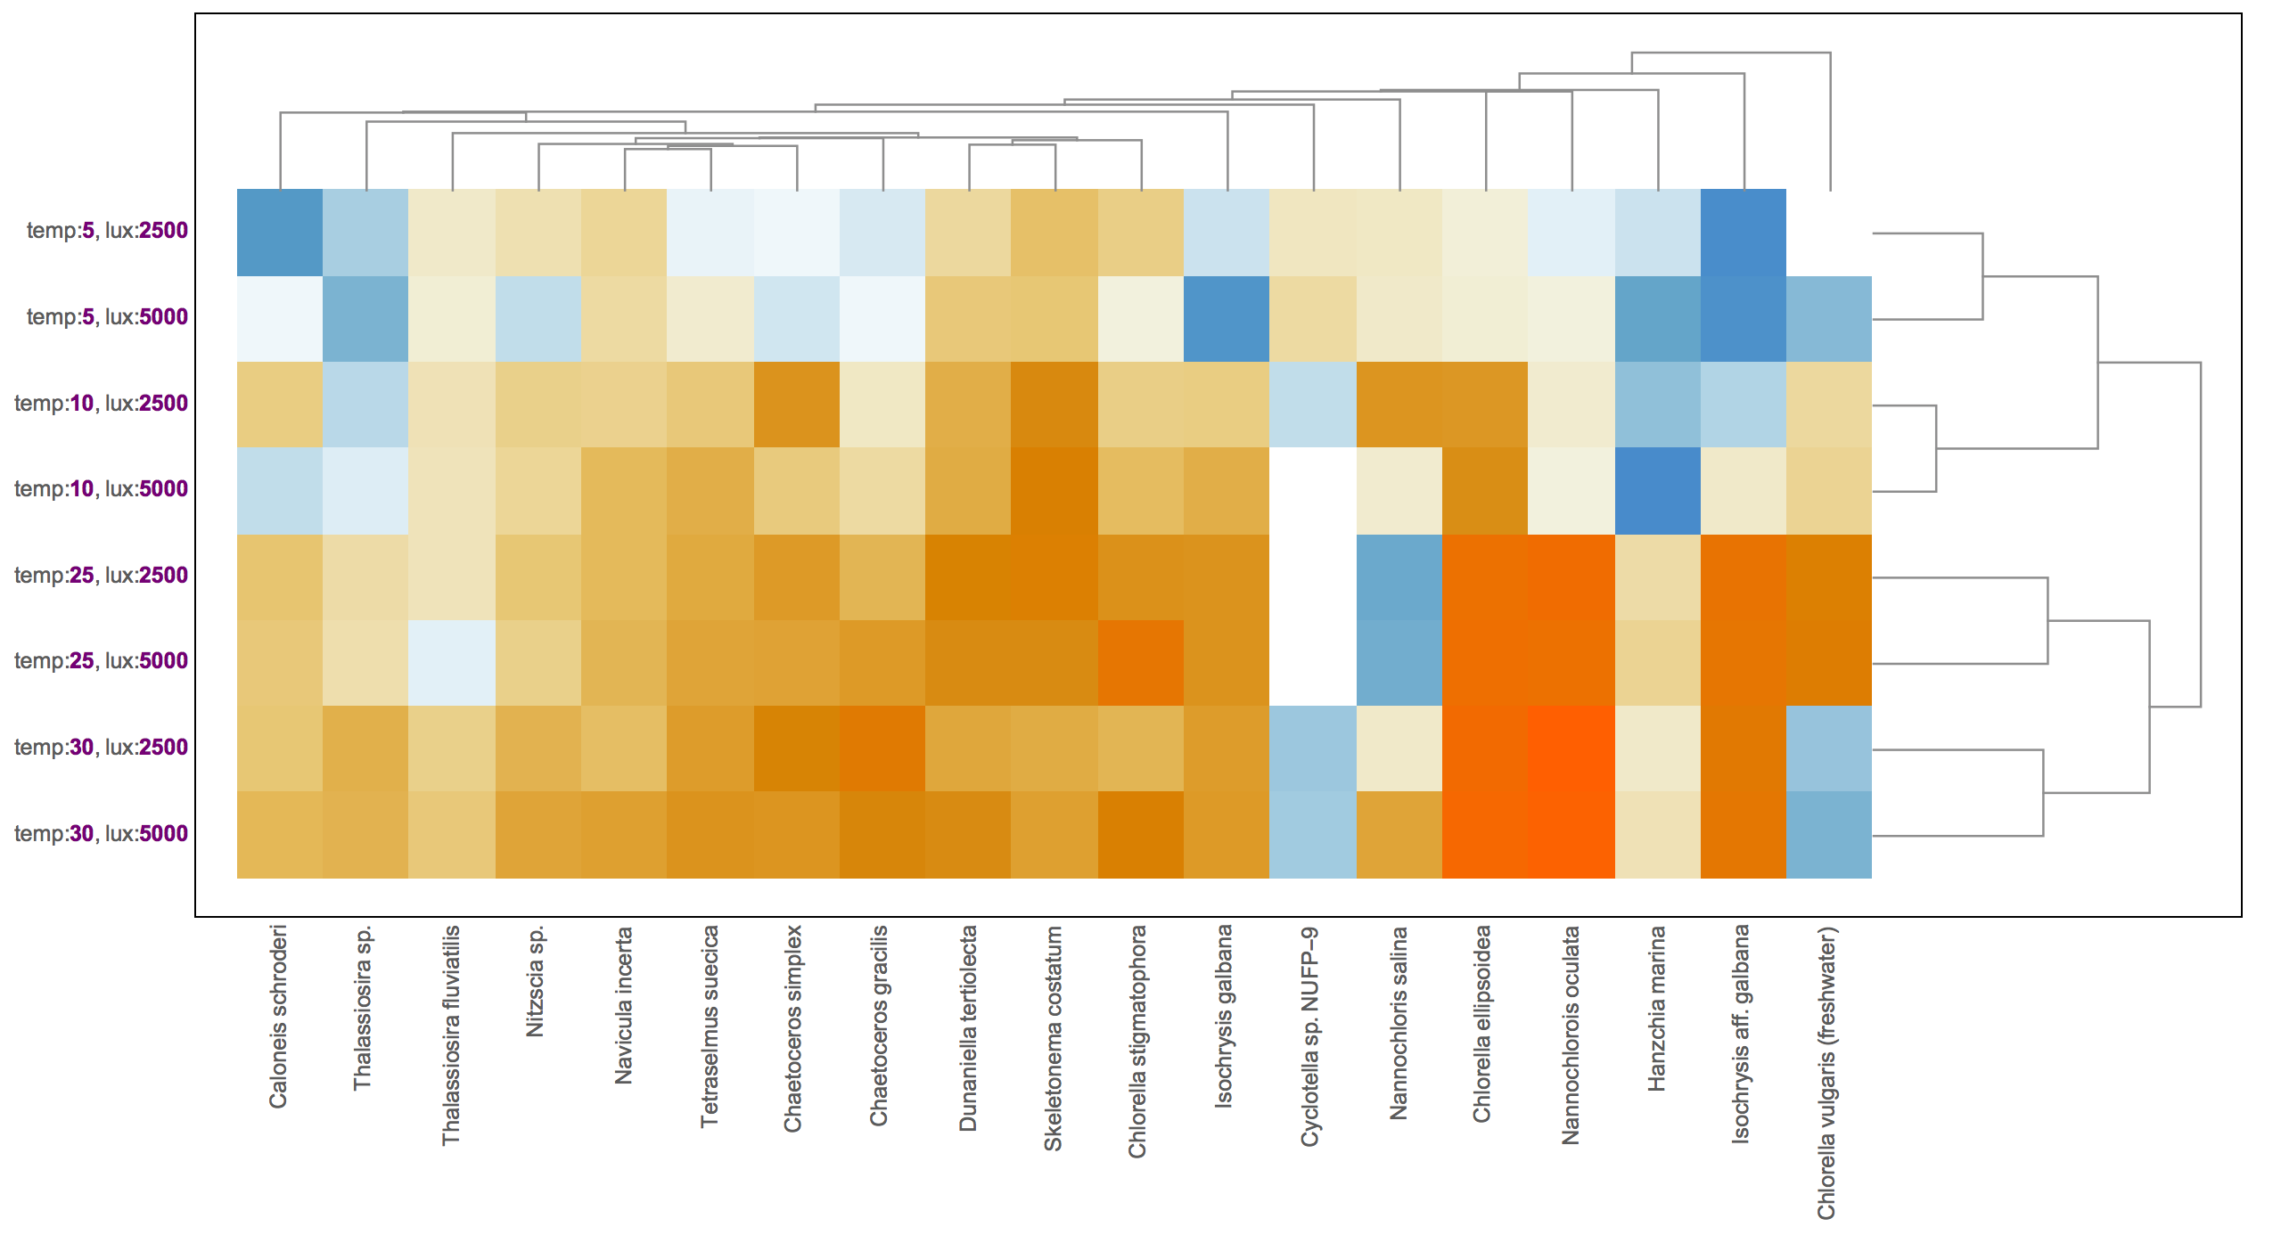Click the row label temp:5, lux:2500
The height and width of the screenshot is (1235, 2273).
click(107, 231)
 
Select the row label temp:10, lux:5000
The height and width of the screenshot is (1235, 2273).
click(101, 489)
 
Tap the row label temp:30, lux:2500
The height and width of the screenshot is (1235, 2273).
click(101, 748)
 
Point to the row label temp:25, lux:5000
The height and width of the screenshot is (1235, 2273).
click(101, 661)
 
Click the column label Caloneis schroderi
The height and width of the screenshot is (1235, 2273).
click(278, 1017)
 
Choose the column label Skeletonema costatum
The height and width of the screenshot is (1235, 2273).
click(1054, 1038)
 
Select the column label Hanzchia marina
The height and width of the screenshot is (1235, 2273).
click(1656, 1008)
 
